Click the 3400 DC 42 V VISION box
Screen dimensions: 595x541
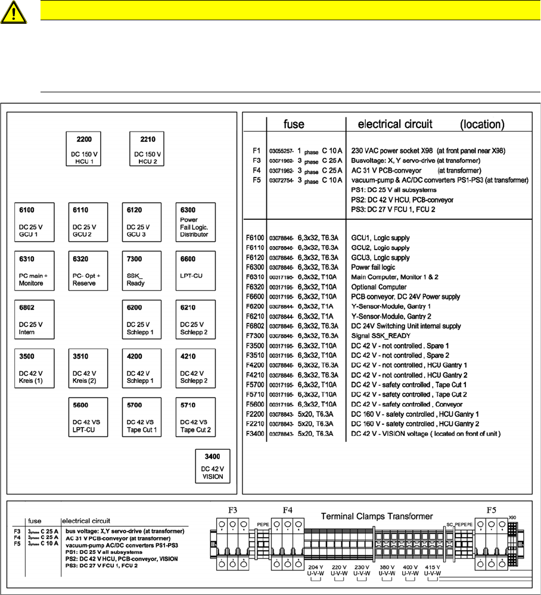point(213,466)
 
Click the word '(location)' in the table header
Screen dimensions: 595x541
point(483,124)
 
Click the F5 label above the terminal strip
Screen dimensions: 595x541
point(492,510)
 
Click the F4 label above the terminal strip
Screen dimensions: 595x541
point(288,510)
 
